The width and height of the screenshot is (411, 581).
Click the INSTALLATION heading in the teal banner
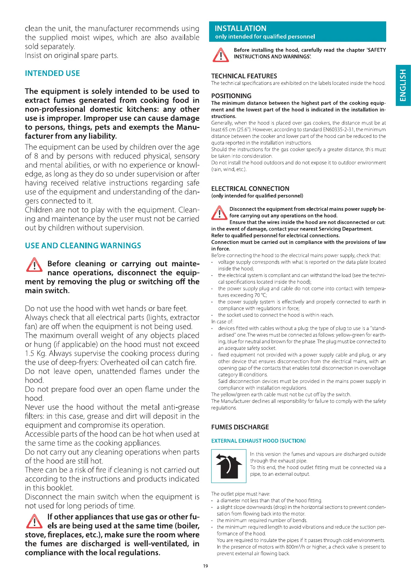[241, 28]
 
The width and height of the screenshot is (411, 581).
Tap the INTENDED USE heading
[52, 73]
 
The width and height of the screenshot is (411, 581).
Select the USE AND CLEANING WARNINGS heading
[83, 246]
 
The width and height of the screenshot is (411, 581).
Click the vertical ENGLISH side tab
[403, 85]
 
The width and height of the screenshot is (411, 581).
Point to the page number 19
[206, 566]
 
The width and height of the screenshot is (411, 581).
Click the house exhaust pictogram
[228, 466]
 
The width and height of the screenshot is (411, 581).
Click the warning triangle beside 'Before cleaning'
[34, 265]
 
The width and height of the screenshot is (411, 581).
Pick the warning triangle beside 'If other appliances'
[34, 521]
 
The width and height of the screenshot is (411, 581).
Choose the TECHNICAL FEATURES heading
[244, 76]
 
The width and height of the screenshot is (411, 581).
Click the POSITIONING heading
[231, 96]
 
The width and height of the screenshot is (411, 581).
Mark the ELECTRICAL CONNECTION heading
[250, 189]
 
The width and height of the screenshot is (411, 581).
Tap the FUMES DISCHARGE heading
[240, 427]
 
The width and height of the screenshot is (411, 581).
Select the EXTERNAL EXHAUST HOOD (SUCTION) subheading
[258, 441]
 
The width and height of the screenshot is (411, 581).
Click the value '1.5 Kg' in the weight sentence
[35, 353]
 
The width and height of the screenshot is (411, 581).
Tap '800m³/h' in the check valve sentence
[287, 547]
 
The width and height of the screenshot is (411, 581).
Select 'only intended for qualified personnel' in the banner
[265, 37]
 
